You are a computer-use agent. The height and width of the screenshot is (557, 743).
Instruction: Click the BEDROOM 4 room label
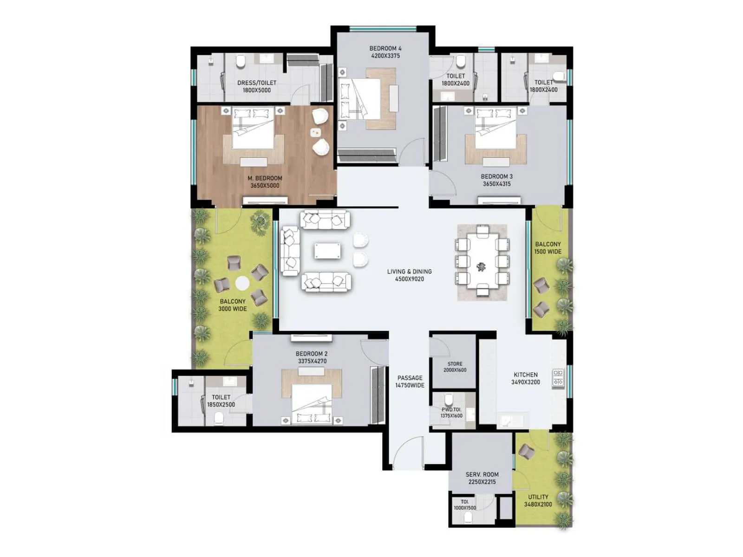pyautogui.click(x=385, y=48)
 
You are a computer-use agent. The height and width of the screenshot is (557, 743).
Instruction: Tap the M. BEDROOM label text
pyautogui.click(x=265, y=178)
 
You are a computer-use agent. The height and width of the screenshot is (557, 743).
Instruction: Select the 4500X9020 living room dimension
pyautogui.click(x=409, y=279)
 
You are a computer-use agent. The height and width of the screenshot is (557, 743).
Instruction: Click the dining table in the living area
pyautogui.click(x=482, y=262)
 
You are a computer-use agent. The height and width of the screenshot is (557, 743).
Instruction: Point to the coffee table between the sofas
pyautogui.click(x=327, y=251)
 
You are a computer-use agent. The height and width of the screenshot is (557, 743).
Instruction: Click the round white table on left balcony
pyautogui.click(x=242, y=282)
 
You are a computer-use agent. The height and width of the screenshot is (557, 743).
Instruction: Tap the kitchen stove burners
pyautogui.click(x=558, y=378)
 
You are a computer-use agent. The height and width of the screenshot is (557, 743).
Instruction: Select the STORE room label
pyautogui.click(x=455, y=364)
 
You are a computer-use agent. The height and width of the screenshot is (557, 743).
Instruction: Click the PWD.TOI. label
pyautogui.click(x=451, y=410)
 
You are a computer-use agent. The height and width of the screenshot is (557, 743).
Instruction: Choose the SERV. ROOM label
pyautogui.click(x=482, y=474)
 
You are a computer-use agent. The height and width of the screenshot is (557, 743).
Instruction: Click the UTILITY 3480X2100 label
pyautogui.click(x=538, y=500)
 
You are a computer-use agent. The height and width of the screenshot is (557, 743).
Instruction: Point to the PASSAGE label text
pyautogui.click(x=410, y=378)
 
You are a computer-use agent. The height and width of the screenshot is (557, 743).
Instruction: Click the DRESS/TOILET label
pyautogui.click(x=257, y=83)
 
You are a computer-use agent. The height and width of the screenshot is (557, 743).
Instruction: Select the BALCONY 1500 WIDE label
pyautogui.click(x=547, y=247)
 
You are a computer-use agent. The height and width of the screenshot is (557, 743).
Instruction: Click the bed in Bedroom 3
pyautogui.click(x=495, y=132)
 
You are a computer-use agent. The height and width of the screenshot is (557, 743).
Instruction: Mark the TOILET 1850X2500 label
pyautogui.click(x=221, y=401)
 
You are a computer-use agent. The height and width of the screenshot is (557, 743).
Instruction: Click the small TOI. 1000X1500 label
pyautogui.click(x=465, y=505)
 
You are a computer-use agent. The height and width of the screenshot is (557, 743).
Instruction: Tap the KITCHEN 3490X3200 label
pyautogui.click(x=525, y=378)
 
